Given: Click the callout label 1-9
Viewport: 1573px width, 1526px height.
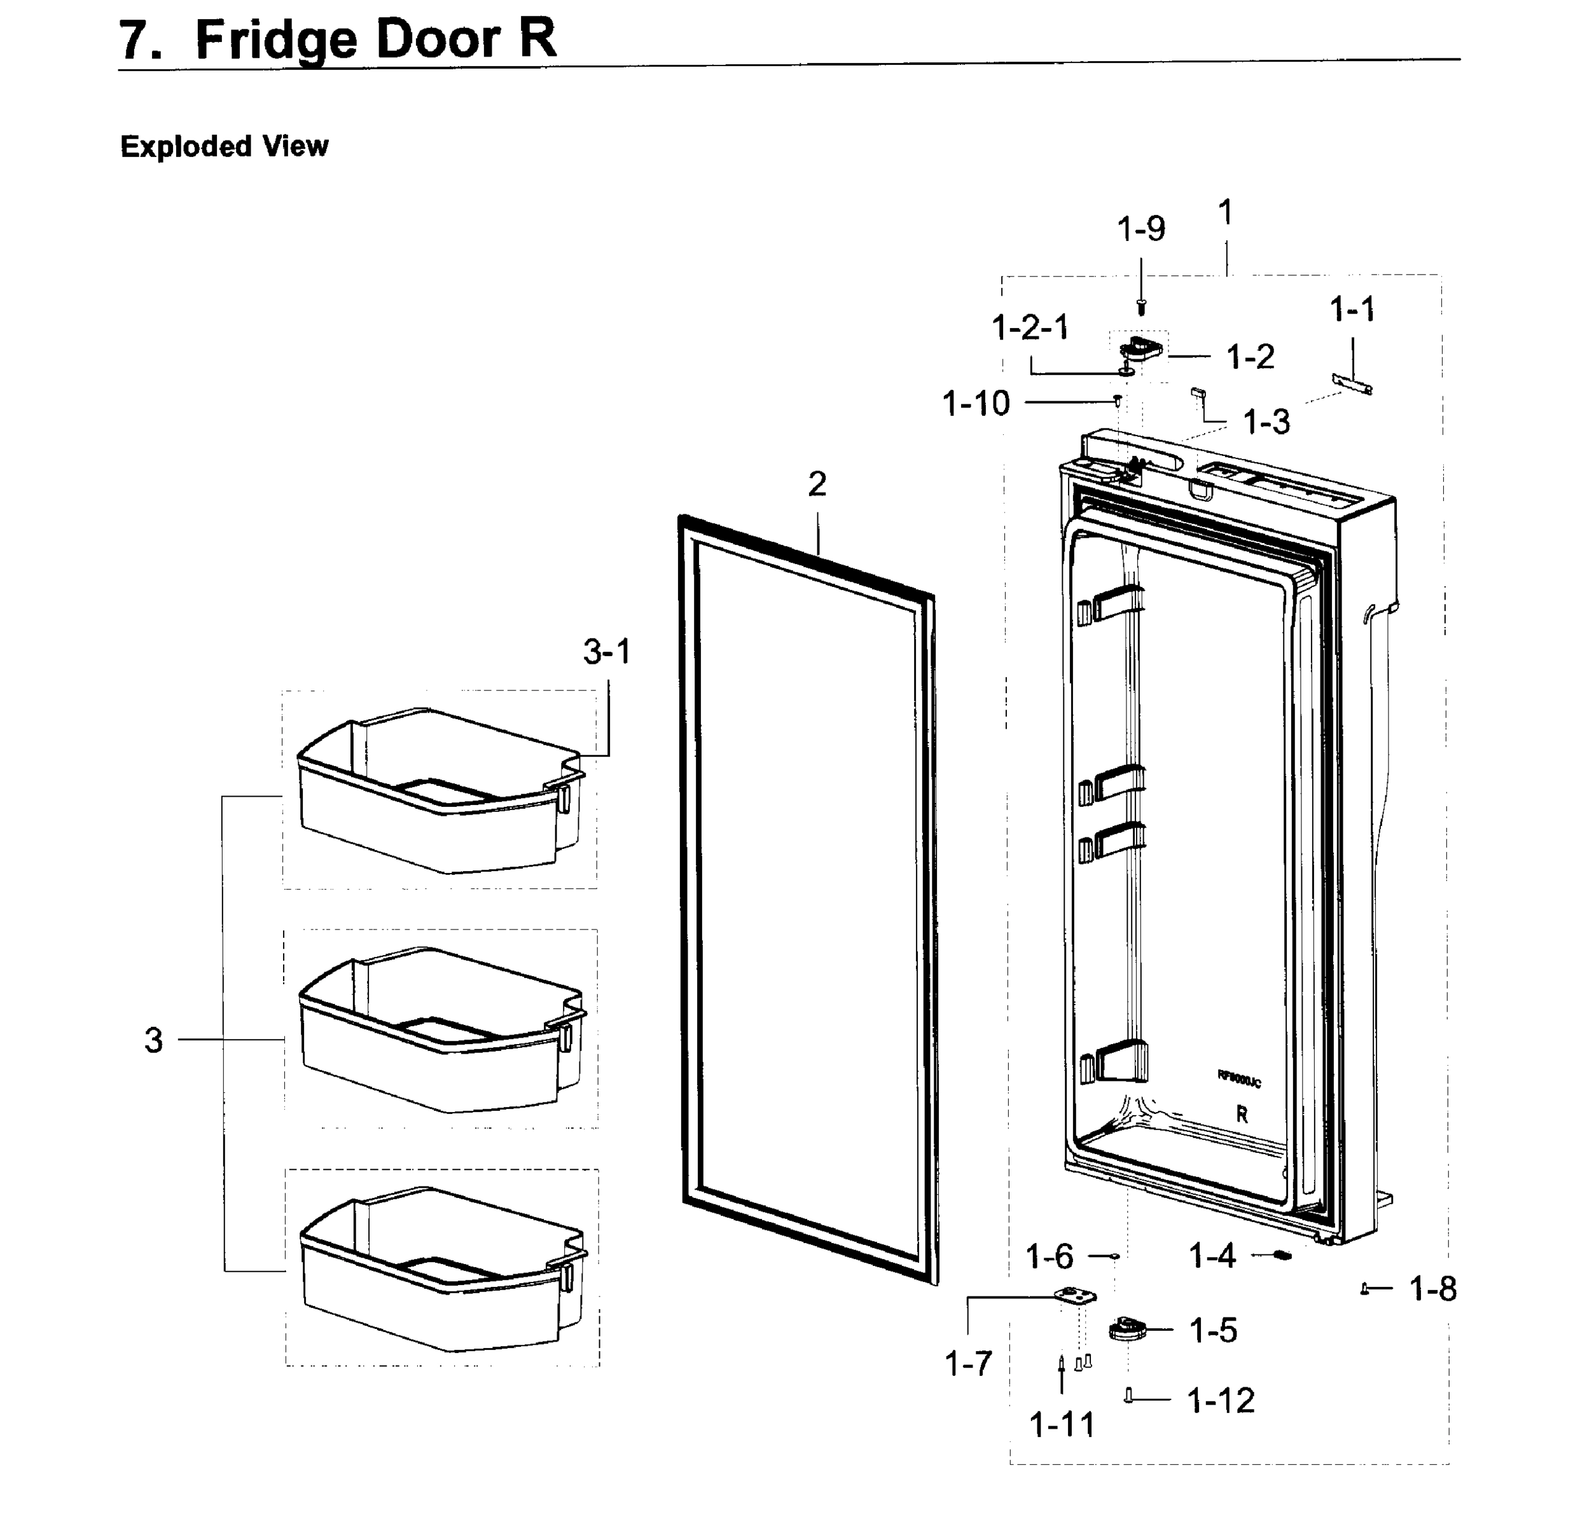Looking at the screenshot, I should pyautogui.click(x=1140, y=230).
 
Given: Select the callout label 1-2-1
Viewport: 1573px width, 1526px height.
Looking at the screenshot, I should pyautogui.click(x=1030, y=327).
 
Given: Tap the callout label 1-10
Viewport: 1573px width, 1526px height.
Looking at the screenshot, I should pyautogui.click(x=975, y=404).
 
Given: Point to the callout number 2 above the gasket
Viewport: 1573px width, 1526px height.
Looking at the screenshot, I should pyautogui.click(x=816, y=484).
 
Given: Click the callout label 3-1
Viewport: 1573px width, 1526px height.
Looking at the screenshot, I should pyautogui.click(x=607, y=652).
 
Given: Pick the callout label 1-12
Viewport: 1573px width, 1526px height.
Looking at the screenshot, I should pyautogui.click(x=1220, y=1400).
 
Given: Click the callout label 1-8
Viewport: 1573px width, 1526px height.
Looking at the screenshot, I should pyautogui.click(x=1432, y=1289).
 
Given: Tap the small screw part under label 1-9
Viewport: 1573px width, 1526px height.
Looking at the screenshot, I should pyautogui.click(x=1141, y=306).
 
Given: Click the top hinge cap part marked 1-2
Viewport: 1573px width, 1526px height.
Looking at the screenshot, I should pyautogui.click(x=1140, y=350).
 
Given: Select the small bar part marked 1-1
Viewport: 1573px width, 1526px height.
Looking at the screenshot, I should pyautogui.click(x=1352, y=383).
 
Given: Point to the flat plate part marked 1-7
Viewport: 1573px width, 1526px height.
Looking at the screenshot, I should pyautogui.click(x=1073, y=1296).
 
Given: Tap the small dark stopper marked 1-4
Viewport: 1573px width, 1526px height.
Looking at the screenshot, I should pyautogui.click(x=1282, y=1256).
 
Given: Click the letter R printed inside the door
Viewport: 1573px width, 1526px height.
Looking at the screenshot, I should pyautogui.click(x=1242, y=1115).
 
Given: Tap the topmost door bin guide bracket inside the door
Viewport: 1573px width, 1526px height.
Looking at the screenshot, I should pyautogui.click(x=1112, y=603).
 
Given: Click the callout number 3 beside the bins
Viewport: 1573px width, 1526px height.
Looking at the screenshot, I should pyautogui.click(x=153, y=1041).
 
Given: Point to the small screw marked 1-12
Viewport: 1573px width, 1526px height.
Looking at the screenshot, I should pyautogui.click(x=1128, y=1397).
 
